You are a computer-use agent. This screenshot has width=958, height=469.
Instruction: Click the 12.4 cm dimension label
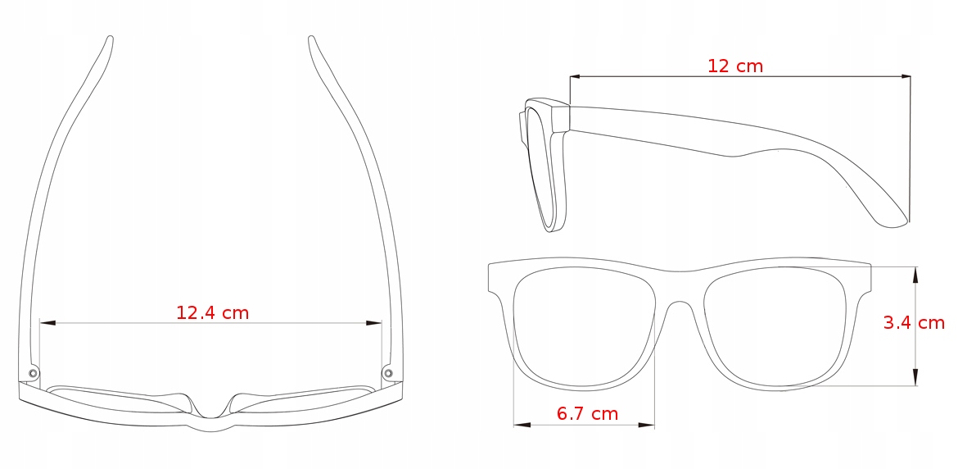pos(212,312)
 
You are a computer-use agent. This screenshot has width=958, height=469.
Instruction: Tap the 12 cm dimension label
pos(734,66)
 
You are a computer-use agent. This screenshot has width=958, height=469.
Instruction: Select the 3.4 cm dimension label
pos(914,323)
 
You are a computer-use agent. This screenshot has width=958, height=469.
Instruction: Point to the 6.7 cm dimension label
pos(587,414)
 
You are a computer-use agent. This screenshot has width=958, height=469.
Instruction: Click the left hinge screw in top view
pos(34,374)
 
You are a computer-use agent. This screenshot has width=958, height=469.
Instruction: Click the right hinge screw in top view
pos(387,374)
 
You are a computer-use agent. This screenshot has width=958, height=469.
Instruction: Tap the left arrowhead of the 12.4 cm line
pos(47,323)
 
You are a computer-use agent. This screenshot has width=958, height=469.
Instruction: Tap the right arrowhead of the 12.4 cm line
pos(375,323)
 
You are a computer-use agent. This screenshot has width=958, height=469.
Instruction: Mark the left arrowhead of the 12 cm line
pos(576,77)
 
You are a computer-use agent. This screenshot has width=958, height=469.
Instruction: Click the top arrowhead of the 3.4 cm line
pos(915,274)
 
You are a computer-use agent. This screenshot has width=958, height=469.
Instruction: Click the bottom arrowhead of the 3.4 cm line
pos(915,378)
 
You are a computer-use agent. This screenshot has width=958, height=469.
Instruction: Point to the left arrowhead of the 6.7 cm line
pos(521,425)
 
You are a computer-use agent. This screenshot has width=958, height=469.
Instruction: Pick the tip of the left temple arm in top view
pos(110,39)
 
